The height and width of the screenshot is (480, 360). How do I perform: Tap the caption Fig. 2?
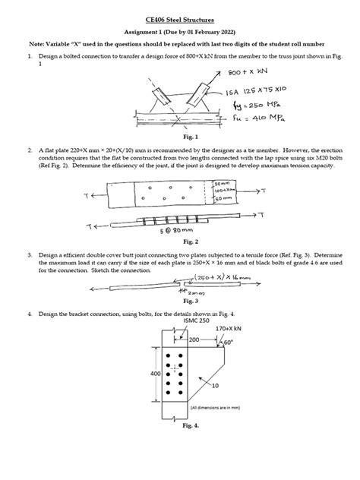tap(179, 241)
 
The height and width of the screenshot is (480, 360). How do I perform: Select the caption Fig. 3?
tap(179, 301)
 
